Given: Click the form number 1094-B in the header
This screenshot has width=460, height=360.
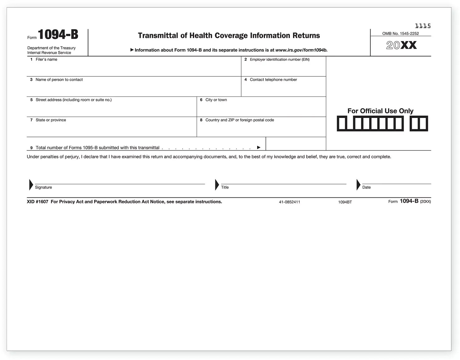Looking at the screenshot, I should (58, 35).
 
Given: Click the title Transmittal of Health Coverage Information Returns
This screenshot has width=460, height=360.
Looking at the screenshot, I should (229, 36).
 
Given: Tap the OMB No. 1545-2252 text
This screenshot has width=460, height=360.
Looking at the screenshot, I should (400, 33).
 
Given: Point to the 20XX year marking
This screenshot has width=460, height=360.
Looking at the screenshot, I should (401, 46).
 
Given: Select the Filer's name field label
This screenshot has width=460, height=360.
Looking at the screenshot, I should (46, 60).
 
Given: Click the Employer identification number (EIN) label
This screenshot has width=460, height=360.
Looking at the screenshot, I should (279, 60).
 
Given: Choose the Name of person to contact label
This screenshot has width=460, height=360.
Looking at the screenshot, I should (59, 80).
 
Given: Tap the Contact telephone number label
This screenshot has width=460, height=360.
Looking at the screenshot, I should (273, 80).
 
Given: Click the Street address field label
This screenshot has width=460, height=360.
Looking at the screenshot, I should (73, 100).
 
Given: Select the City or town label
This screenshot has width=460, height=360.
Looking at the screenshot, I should (216, 100).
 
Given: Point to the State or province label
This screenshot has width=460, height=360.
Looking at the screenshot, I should (51, 120).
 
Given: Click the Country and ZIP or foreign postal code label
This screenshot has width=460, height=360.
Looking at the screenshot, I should (239, 120).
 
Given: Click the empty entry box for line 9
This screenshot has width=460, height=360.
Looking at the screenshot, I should (296, 144).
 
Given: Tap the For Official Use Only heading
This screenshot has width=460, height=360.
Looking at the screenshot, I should (380, 111).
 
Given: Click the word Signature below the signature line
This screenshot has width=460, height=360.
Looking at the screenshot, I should (43, 187).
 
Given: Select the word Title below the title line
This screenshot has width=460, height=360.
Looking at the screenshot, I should (225, 187).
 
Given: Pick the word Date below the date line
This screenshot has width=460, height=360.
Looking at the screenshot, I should (366, 187).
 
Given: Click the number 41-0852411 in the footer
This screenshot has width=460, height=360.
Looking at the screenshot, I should (289, 202).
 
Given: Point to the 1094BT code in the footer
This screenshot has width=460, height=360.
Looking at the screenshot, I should (345, 202).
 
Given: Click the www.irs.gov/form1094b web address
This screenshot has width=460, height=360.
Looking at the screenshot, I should (301, 50).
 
